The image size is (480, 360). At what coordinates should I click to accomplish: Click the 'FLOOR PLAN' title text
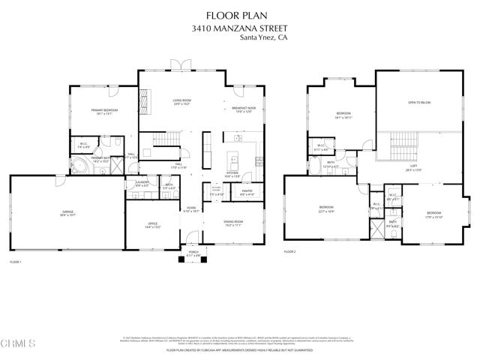239,13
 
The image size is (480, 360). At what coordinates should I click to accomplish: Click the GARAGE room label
67,214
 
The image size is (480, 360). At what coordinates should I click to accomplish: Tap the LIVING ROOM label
181,102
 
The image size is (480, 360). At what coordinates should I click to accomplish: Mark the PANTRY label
247,191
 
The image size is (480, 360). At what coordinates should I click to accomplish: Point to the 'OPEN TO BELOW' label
418,102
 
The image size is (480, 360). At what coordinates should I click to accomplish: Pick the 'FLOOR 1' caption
15,262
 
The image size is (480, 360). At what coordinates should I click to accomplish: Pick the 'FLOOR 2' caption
290,251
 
